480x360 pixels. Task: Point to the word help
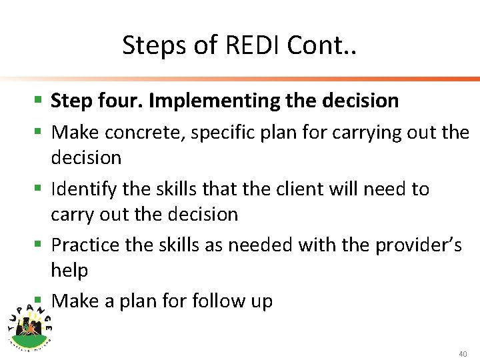(x=69, y=270)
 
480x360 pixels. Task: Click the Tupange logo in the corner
(x=31, y=323)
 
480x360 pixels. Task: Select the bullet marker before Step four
(x=39, y=101)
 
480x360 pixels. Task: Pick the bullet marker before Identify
(x=39, y=190)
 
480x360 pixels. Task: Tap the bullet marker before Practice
(x=39, y=246)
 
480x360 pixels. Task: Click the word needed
(x=261, y=245)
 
